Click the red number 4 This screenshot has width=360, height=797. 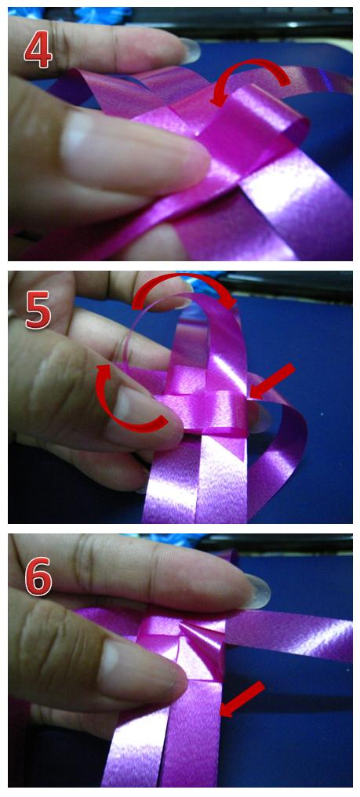(x=38, y=51)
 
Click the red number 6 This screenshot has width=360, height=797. (x=38, y=576)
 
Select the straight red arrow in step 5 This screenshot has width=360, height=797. (x=272, y=380)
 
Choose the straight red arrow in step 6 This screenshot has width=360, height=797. (x=242, y=699)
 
